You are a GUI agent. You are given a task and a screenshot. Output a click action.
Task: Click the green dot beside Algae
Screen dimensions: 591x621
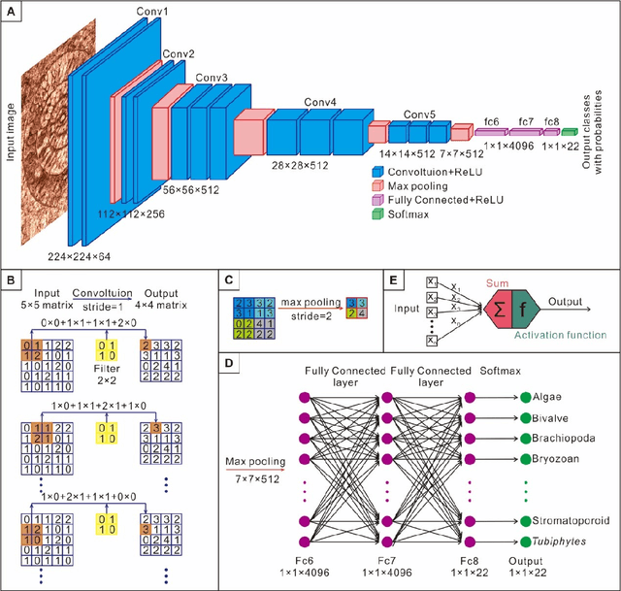click(526, 397)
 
